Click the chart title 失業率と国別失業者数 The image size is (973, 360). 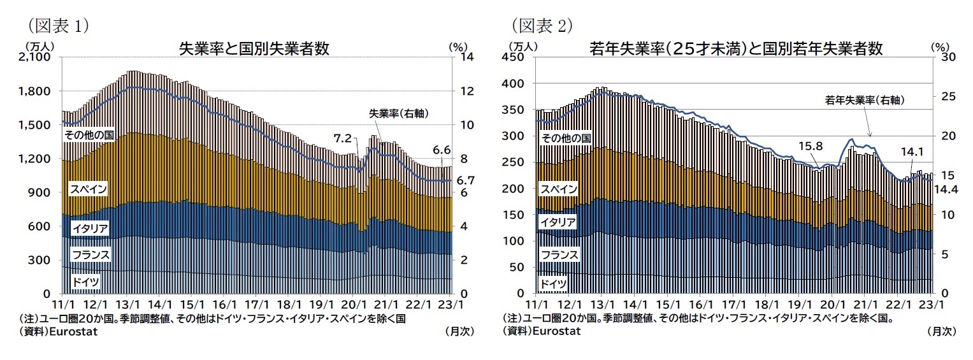(x=254, y=49)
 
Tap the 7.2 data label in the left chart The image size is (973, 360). (x=343, y=138)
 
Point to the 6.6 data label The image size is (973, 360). (x=442, y=150)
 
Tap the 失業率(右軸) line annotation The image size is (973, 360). (x=398, y=113)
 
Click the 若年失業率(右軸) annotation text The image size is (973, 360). (x=865, y=100)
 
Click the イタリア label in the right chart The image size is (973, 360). (x=558, y=222)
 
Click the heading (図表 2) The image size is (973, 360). (x=542, y=25)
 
